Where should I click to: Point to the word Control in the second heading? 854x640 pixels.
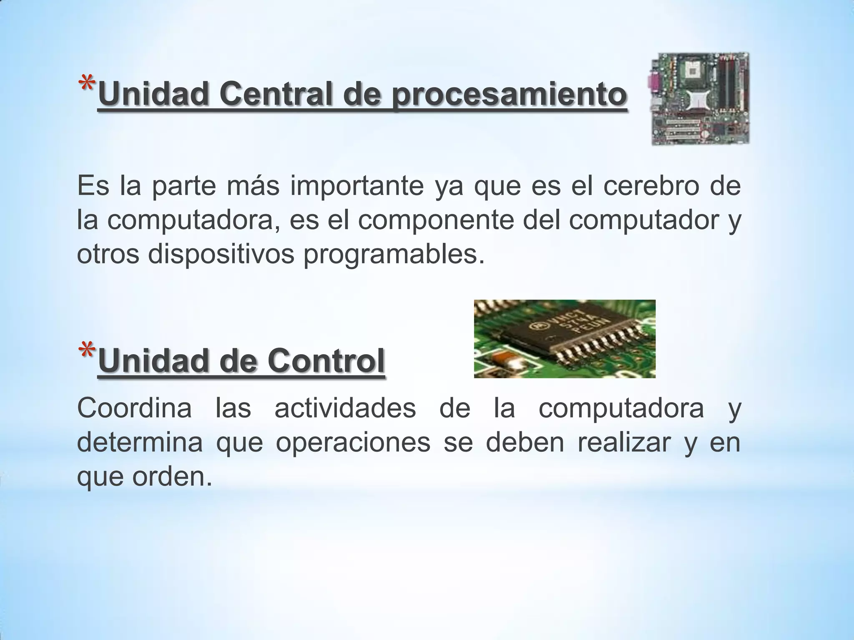(x=326, y=361)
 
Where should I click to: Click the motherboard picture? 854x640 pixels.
(x=700, y=99)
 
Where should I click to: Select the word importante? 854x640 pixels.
(x=357, y=187)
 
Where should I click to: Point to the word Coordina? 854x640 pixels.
(x=134, y=408)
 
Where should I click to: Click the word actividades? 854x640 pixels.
(x=345, y=408)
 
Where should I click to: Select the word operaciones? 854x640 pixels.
(x=353, y=443)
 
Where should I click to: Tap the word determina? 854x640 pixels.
(x=140, y=442)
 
